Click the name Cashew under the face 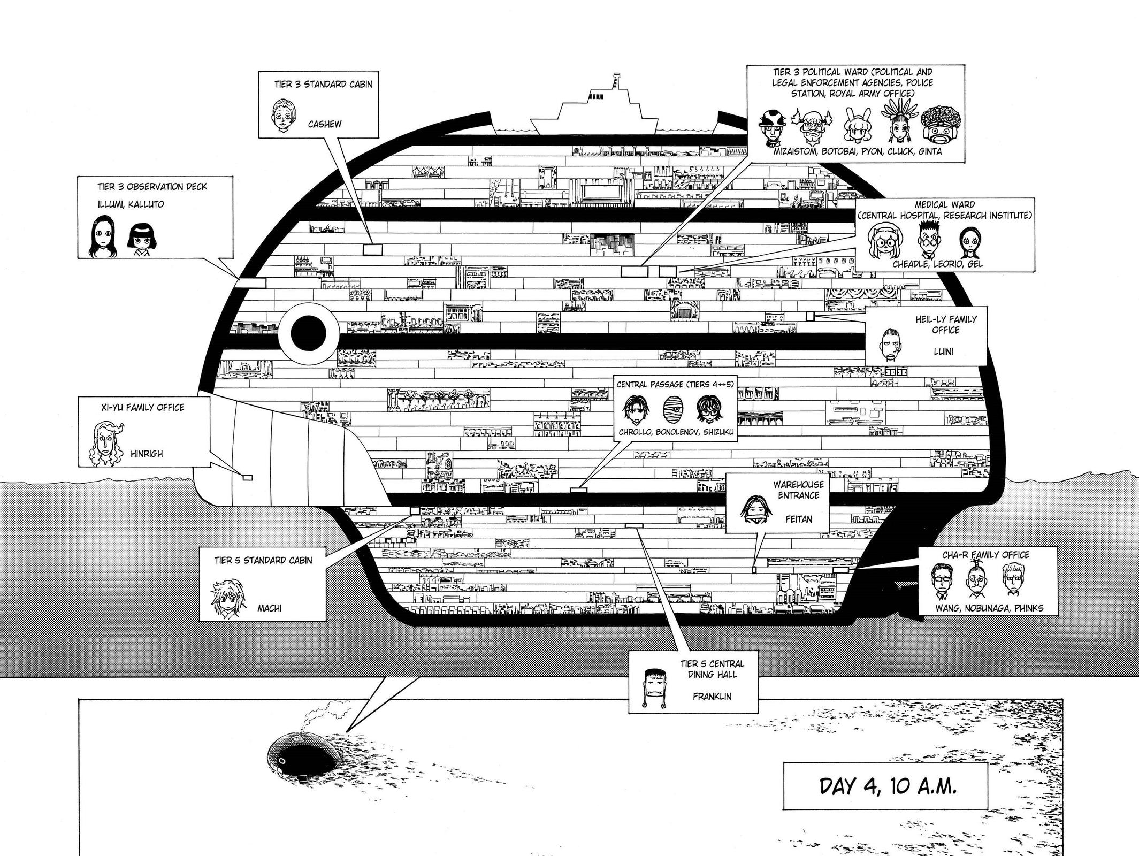[324, 124]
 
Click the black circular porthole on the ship [308, 333]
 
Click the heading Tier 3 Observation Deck [152, 187]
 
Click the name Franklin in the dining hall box [712, 697]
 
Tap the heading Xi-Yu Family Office [142, 408]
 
